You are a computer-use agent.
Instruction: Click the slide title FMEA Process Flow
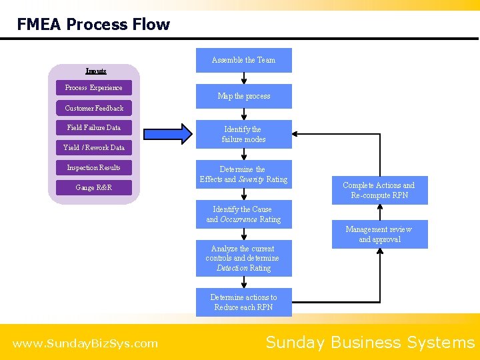click(x=93, y=25)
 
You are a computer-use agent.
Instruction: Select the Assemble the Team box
click(x=243, y=60)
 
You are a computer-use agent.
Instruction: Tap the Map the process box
click(x=243, y=96)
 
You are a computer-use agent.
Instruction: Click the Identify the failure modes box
click(x=243, y=134)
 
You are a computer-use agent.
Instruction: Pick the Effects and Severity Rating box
click(x=243, y=175)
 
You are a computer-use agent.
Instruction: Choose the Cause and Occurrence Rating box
click(x=243, y=214)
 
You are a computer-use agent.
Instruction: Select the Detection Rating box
click(x=243, y=258)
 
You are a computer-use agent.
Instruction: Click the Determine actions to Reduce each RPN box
click(x=243, y=302)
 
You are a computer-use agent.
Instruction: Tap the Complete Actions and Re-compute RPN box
click(x=379, y=191)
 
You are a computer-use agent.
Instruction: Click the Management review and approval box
click(x=379, y=234)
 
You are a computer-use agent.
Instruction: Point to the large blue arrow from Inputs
click(x=167, y=134)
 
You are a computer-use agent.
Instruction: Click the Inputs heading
click(x=95, y=71)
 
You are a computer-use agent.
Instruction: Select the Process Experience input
click(x=93, y=87)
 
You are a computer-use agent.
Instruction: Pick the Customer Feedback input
click(x=94, y=108)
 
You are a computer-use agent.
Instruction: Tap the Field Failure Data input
click(x=93, y=127)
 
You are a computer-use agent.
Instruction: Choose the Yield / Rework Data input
click(x=94, y=147)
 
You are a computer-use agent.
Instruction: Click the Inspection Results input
click(x=93, y=167)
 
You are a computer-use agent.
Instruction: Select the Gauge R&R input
click(x=94, y=187)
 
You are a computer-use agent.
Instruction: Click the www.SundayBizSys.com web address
click(x=85, y=344)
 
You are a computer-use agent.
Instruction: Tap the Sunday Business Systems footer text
click(x=370, y=343)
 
